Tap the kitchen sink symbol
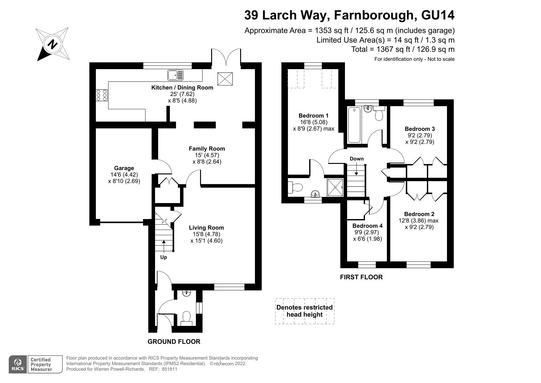[x=175, y=75]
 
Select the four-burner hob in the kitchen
[x=102, y=95]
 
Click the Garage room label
[x=124, y=168]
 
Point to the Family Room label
[x=207, y=149]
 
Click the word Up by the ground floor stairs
[x=163, y=257]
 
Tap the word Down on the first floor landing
[x=357, y=159]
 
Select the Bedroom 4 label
[x=367, y=226]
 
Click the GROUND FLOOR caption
[x=174, y=342]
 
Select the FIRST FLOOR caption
[x=361, y=277]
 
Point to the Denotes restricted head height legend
[x=305, y=311]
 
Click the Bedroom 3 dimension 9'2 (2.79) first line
[x=420, y=135]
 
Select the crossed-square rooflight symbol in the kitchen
[x=225, y=79]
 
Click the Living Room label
[x=206, y=228]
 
